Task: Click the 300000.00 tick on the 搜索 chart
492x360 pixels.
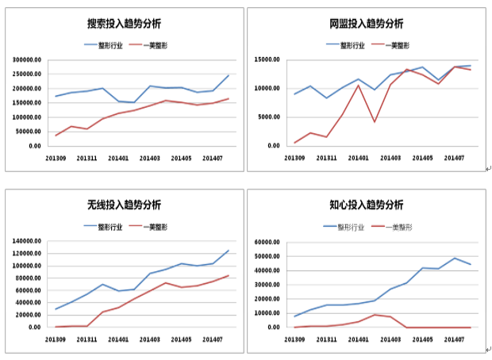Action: tap(25, 59)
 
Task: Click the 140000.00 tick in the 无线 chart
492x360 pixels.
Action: tap(25, 241)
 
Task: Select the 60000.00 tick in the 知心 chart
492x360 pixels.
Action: tap(265, 241)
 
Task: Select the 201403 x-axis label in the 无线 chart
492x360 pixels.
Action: tap(150, 339)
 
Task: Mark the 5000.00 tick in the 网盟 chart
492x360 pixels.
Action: tap(267, 117)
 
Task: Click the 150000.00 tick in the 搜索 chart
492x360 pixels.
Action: tap(25, 103)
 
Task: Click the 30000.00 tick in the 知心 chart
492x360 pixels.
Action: tap(265, 285)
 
